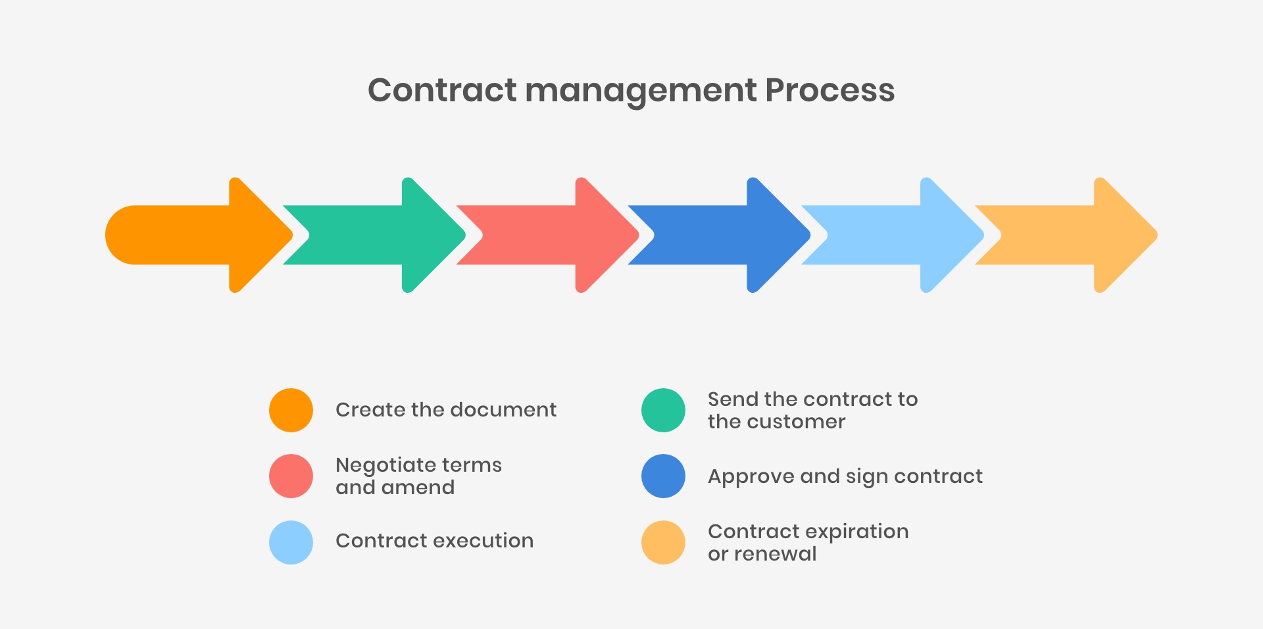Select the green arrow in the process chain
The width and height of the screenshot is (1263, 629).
[x=374, y=235]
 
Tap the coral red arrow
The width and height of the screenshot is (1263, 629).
[x=547, y=235]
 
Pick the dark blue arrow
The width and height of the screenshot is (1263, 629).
[x=719, y=235]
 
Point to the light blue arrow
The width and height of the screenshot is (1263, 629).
[x=893, y=235]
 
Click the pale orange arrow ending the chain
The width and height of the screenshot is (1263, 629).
[x=1066, y=235]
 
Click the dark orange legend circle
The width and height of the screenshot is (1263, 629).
[x=291, y=410]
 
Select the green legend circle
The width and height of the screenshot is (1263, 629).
[x=663, y=410]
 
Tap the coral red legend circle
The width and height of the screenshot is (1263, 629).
[x=291, y=476]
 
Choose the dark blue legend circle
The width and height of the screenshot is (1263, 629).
[x=663, y=476]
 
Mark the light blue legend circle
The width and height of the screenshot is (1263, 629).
[x=291, y=542]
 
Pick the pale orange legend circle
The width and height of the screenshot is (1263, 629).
[x=663, y=542]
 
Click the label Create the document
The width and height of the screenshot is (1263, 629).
[x=446, y=410]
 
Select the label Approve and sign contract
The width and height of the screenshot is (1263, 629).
[x=845, y=476]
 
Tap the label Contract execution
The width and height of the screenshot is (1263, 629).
[x=435, y=541]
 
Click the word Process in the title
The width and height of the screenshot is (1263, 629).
[x=830, y=90]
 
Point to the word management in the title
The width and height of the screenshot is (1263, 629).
[x=641, y=92]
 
